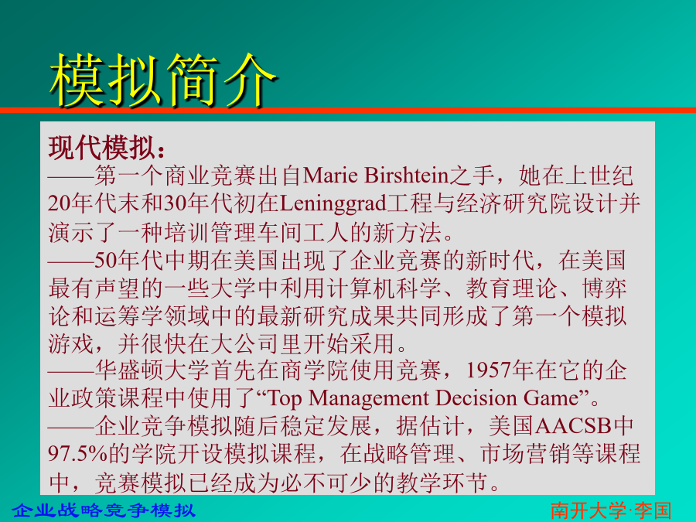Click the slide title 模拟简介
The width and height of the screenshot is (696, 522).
pos(163,80)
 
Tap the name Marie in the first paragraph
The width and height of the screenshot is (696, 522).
pos(330,176)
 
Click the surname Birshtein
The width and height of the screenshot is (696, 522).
pos(407,176)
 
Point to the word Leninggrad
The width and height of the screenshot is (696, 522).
pos(333,204)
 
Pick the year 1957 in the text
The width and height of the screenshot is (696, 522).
pos(488,370)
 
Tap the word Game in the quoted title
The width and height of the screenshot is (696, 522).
pos(551,397)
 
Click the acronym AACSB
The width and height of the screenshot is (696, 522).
pos(573,426)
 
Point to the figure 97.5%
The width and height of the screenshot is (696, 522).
pos(78,454)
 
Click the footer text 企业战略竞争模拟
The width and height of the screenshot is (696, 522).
pos(104,510)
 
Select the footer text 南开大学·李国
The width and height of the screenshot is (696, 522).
pos(611,510)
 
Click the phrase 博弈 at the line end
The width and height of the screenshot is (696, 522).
pos(604,288)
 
